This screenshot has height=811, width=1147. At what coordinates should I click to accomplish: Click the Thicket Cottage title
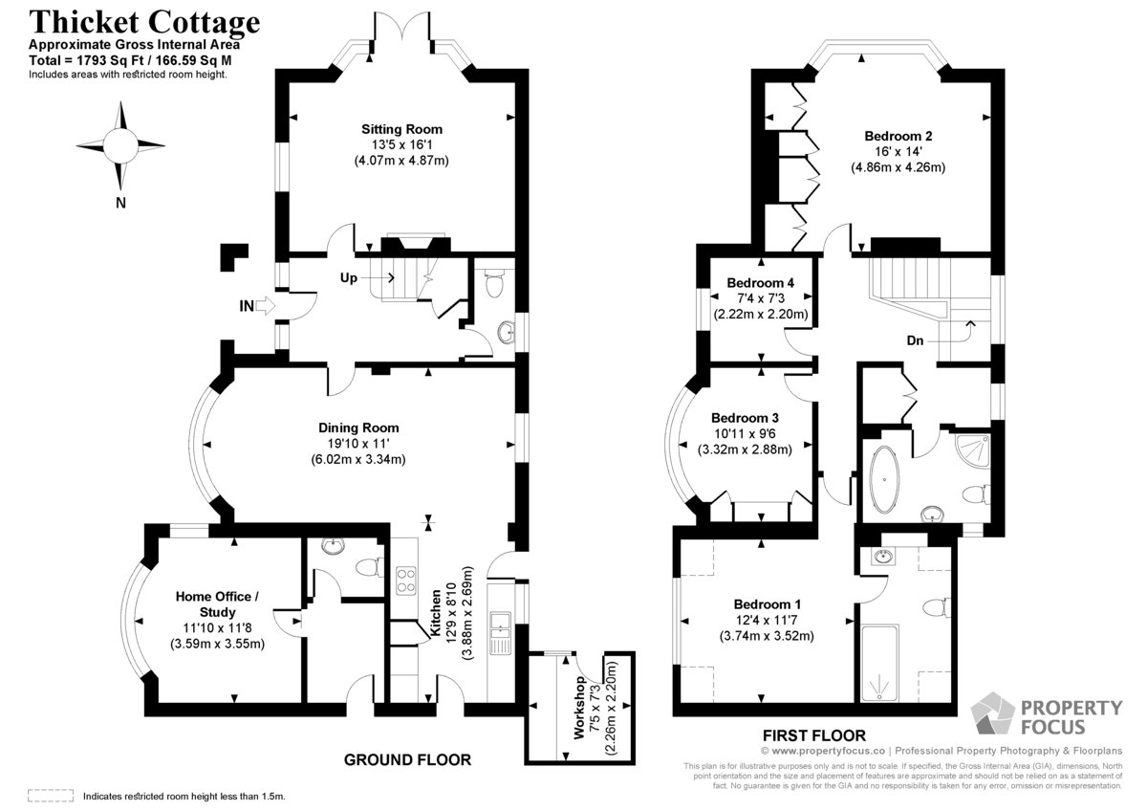[x=144, y=23]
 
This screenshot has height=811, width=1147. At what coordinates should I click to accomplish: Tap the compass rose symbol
[x=120, y=146]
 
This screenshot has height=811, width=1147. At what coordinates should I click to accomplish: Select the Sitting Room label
[x=402, y=129]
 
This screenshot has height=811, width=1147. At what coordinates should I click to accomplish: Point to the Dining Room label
[x=358, y=427]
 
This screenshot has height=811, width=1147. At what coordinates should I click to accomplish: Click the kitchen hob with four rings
[x=406, y=581]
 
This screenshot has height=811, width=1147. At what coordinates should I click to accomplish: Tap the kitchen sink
[x=500, y=633]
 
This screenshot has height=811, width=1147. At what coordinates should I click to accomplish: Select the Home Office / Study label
[x=217, y=604]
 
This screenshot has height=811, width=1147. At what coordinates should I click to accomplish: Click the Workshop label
[x=579, y=708]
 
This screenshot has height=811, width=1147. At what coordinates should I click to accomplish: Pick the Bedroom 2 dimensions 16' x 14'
[x=898, y=152]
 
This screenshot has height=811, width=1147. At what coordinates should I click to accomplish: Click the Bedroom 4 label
[x=761, y=283]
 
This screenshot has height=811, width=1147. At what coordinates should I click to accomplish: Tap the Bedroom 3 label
[x=745, y=418]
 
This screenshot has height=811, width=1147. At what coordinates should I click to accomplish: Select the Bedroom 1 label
[x=767, y=604]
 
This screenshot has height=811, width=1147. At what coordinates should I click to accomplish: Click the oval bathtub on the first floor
[x=884, y=479]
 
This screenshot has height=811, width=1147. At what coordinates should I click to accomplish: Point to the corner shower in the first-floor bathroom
[x=972, y=449]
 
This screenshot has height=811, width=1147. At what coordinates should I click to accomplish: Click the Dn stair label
[x=915, y=340]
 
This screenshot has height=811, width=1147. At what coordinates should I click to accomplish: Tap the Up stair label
[x=349, y=277]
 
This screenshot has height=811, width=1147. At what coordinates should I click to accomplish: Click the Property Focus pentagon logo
[x=993, y=713]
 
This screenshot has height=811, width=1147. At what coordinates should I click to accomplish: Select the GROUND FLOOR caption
[x=407, y=759]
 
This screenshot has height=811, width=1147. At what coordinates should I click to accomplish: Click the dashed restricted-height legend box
[x=51, y=796]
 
